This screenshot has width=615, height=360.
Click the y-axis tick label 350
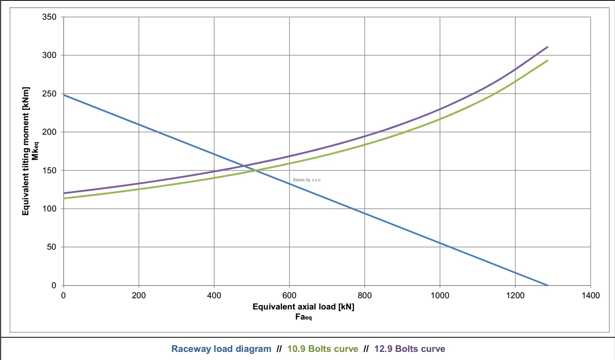click(x=49, y=17)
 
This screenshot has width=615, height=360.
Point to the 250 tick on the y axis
click(x=49, y=94)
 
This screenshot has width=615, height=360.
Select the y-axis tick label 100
click(x=49, y=209)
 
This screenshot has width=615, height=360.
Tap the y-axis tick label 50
click(x=51, y=247)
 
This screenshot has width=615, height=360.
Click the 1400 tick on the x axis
click(x=590, y=296)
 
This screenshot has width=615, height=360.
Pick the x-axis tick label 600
click(x=289, y=296)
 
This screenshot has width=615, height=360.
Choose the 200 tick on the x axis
click(x=139, y=296)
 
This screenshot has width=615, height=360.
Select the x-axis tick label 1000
click(x=440, y=296)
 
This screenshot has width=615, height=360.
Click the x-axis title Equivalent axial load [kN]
click(x=303, y=307)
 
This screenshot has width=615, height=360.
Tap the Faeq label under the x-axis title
click(x=303, y=317)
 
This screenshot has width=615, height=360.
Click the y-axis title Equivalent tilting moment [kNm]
click(x=26, y=151)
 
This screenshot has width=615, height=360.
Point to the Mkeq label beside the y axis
click(x=35, y=151)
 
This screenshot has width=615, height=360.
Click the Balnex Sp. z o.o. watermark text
click(x=307, y=180)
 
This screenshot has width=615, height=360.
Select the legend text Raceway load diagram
click(x=221, y=349)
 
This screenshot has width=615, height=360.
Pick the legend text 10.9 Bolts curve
click(x=323, y=349)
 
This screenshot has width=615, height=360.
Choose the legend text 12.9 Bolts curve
click(x=409, y=349)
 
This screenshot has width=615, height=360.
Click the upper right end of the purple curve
click(x=547, y=47)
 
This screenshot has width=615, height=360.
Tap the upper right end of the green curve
click(x=547, y=60)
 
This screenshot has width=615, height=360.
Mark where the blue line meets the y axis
click(x=64, y=95)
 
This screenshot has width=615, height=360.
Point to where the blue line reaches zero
click(x=547, y=285)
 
